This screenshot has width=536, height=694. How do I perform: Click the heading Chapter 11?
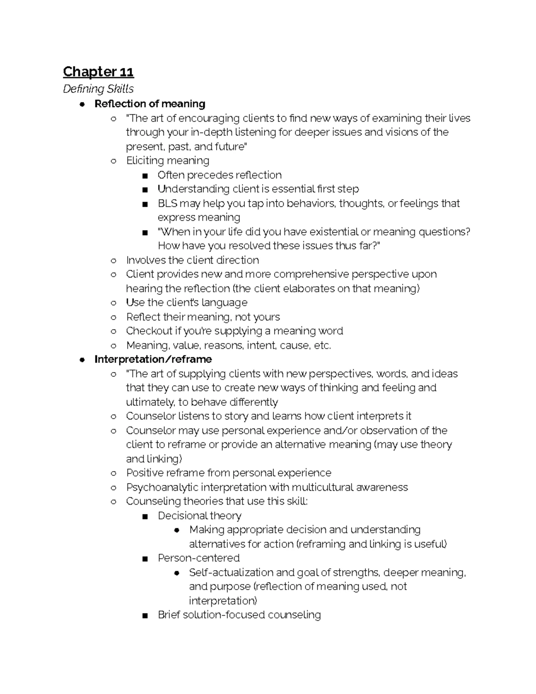coord(98,72)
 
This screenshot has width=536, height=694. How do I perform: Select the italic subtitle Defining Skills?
coord(98,89)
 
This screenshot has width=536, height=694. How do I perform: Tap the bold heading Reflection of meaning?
coord(150,104)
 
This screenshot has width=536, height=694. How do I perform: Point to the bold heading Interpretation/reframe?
coord(153,359)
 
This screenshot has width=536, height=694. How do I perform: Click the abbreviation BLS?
coord(167,203)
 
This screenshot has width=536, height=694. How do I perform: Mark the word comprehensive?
coord(311,274)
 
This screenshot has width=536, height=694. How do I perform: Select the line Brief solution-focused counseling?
coord(239,615)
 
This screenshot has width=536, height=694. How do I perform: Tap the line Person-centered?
coord(198,558)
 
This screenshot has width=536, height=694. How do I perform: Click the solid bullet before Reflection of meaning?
coord(82,104)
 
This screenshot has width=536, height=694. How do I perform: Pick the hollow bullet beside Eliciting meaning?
coord(113,161)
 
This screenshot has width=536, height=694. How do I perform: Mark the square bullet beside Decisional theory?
coord(145,516)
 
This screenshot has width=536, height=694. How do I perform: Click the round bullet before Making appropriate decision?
coord(177,530)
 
